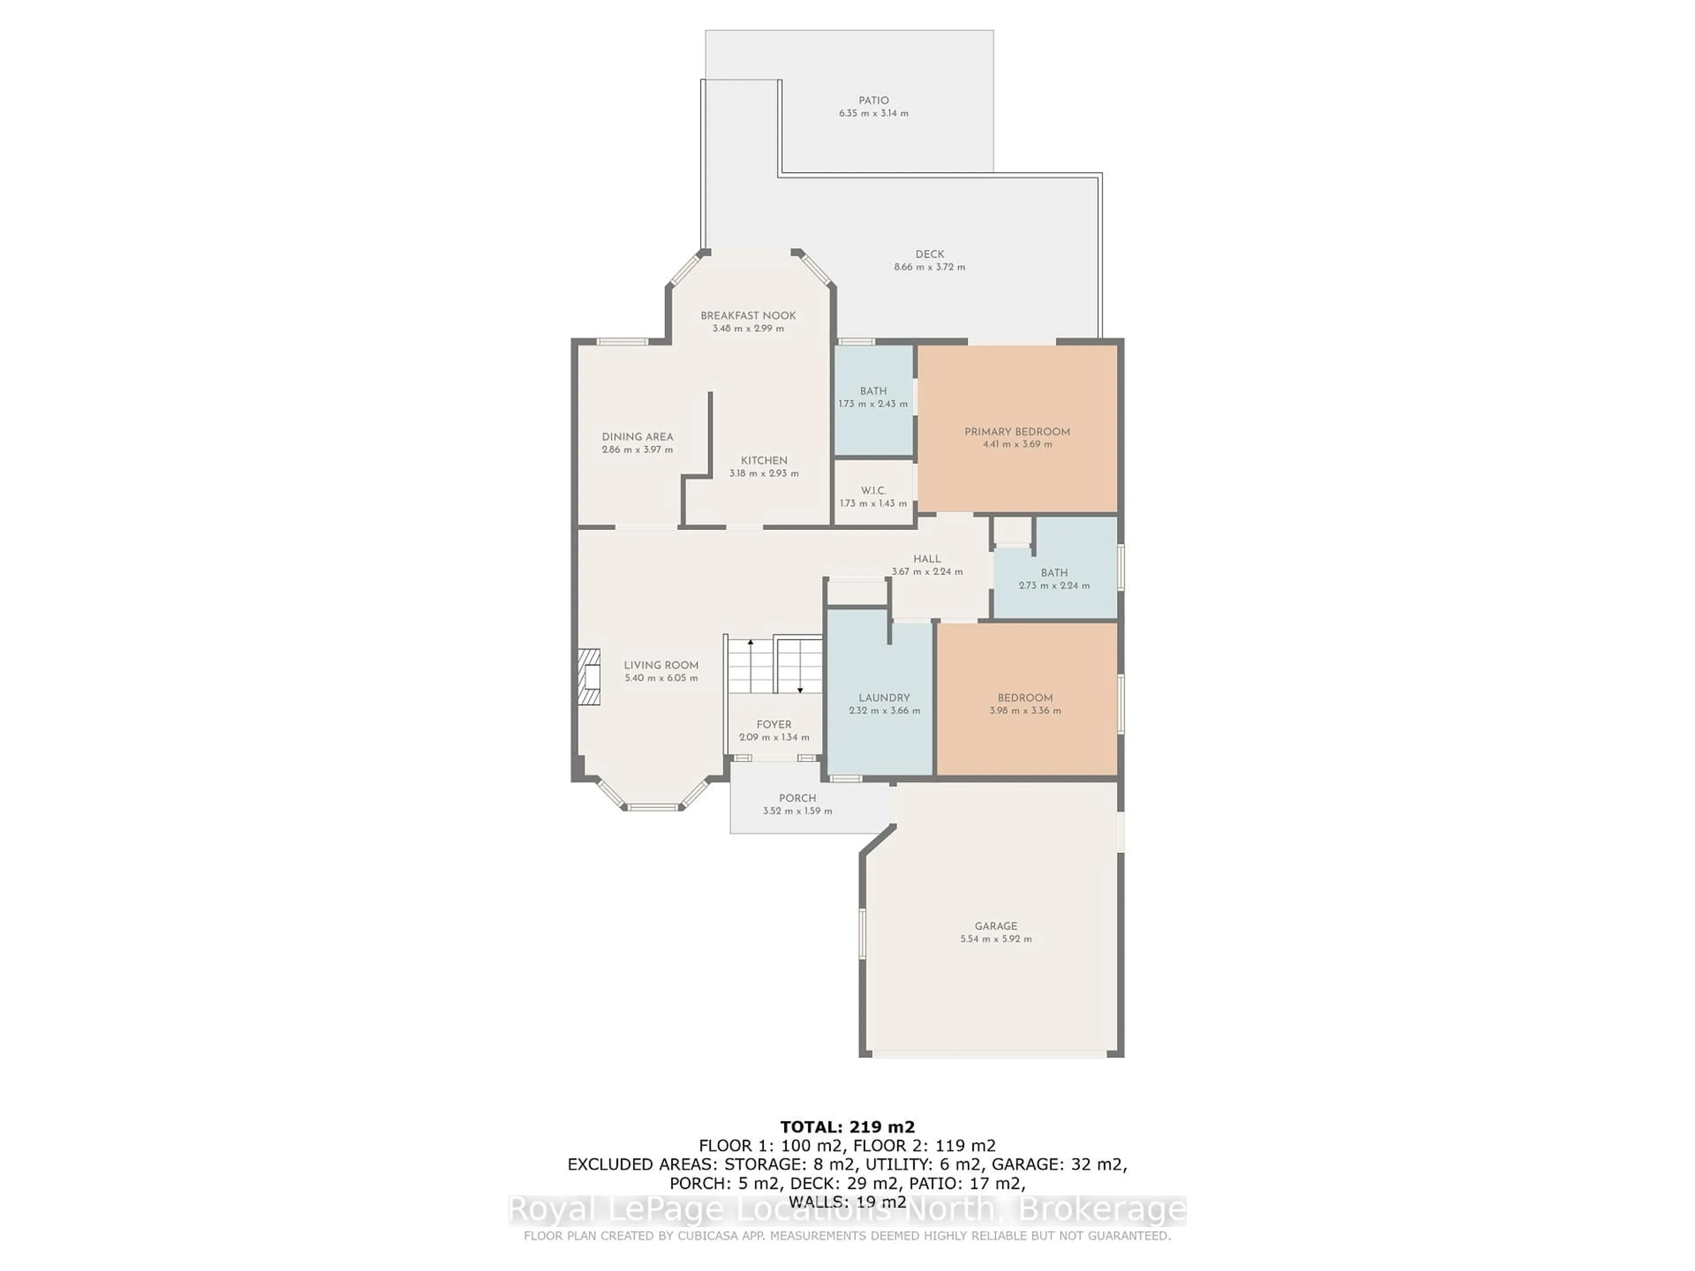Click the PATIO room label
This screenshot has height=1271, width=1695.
874,100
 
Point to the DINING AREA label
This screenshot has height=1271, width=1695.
637,437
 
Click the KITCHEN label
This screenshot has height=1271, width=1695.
764,460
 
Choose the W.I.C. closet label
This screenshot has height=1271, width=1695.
874,490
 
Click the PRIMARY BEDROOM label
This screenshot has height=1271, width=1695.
1017,431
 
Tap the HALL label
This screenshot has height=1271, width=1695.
927,559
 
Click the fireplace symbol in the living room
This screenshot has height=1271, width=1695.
588,677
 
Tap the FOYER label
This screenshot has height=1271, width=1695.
774,724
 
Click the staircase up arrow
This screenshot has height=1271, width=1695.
751,666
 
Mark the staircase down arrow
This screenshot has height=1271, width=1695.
800,666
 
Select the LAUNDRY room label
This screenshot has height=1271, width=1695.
884,698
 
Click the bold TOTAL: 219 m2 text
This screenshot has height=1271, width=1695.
847,1127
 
